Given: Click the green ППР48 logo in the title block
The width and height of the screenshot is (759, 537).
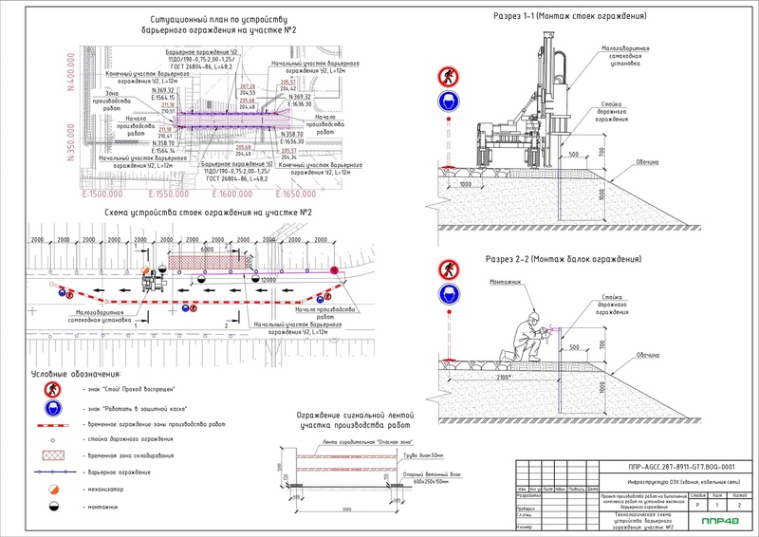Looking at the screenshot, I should point(720,520).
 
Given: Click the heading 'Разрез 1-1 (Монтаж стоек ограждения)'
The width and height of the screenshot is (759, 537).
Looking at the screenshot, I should point(570,17).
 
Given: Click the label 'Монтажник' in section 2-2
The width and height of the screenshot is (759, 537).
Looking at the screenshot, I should point(505,282).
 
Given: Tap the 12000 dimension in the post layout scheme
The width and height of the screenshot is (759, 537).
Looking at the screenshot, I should point(268,281).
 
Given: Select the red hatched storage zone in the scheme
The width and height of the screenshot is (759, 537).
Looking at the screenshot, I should point(201,262).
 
